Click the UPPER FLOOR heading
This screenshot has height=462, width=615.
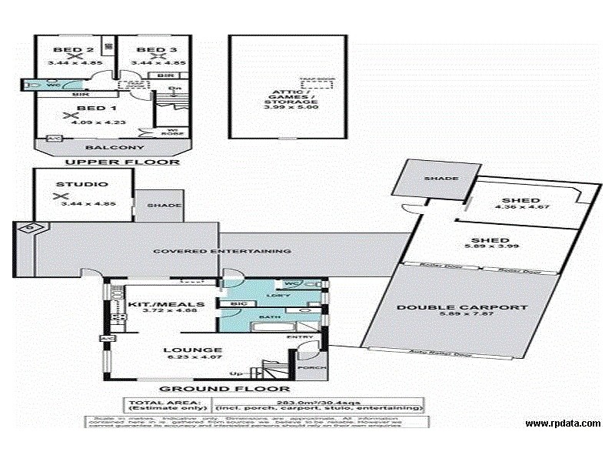(122, 162)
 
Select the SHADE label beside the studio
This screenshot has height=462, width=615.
(164, 206)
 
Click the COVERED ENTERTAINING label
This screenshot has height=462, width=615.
(221, 251)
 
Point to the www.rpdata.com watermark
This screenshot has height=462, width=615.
(563, 423)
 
